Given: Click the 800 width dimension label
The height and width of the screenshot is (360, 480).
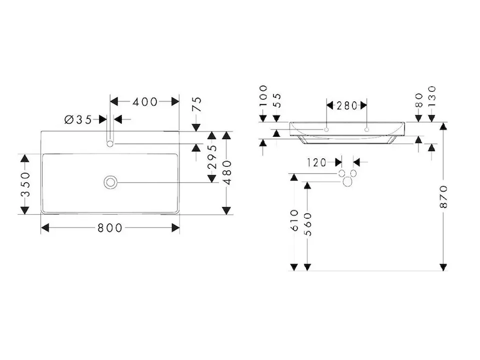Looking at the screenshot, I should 110,228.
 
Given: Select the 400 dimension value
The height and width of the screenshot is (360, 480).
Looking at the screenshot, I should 145,102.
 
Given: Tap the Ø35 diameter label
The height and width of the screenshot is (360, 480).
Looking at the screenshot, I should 78,119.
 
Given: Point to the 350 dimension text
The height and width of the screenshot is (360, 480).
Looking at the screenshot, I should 25,184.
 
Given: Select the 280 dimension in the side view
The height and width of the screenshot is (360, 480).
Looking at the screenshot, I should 347,106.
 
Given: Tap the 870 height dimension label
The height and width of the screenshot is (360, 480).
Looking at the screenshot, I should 443,197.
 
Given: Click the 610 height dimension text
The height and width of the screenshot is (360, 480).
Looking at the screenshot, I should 294,221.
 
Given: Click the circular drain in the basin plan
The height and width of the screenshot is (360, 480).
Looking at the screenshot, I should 110,181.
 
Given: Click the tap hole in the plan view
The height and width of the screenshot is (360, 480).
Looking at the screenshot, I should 110,143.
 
